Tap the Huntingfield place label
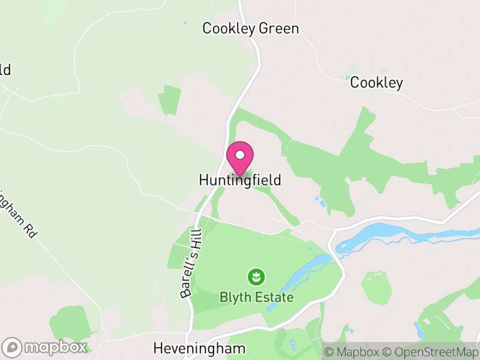[x=240, y=180]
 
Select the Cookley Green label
[x=250, y=28]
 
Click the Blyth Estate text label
[x=256, y=298]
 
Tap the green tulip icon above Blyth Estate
[x=256, y=277]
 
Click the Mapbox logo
[x=46, y=347]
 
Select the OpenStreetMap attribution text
[x=431, y=352]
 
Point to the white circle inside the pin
[x=240, y=155]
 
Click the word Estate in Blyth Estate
[x=274, y=298]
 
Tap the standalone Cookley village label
[x=376, y=83]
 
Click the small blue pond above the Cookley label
[x=348, y=78]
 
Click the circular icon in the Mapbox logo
[x=12, y=347]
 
